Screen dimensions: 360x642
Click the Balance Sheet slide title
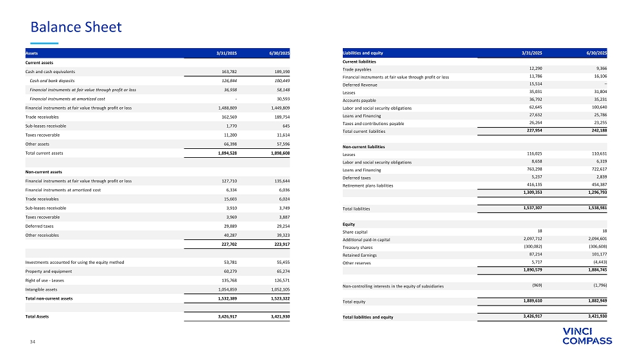point(76,27)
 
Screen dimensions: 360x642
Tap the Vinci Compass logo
point(587,336)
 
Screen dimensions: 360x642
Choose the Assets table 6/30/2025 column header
point(279,53)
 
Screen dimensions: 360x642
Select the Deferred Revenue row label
point(360,85)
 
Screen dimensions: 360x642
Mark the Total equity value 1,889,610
point(533,300)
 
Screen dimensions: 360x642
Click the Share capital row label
point(358,232)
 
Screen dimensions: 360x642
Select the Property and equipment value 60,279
point(223,271)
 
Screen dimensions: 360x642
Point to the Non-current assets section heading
point(44,172)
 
